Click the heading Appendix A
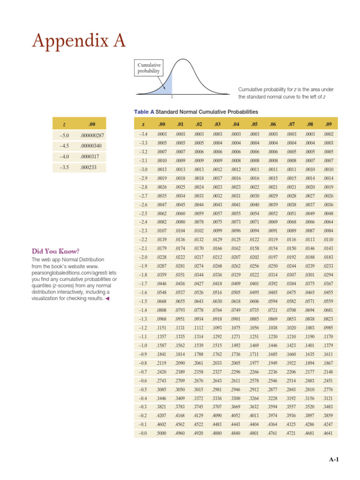coord(78,41)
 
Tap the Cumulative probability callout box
coord(149,68)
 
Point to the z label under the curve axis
coord(172,97)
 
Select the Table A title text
coord(196,112)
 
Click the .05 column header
coord(255,124)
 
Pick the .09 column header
coord(328,124)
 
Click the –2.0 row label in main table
coord(143,257)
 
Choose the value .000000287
coord(92,135)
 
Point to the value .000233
coord(88,166)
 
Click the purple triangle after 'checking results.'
coord(107,299)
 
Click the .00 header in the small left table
coord(91,124)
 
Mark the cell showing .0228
coord(162,257)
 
